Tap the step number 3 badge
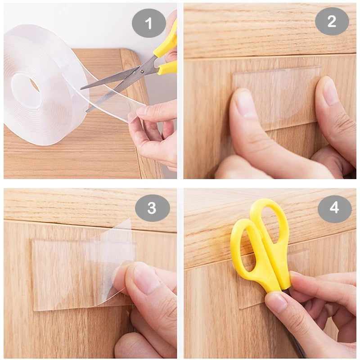click(152, 207)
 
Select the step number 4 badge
click(334, 207)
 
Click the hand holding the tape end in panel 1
click(155, 130)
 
